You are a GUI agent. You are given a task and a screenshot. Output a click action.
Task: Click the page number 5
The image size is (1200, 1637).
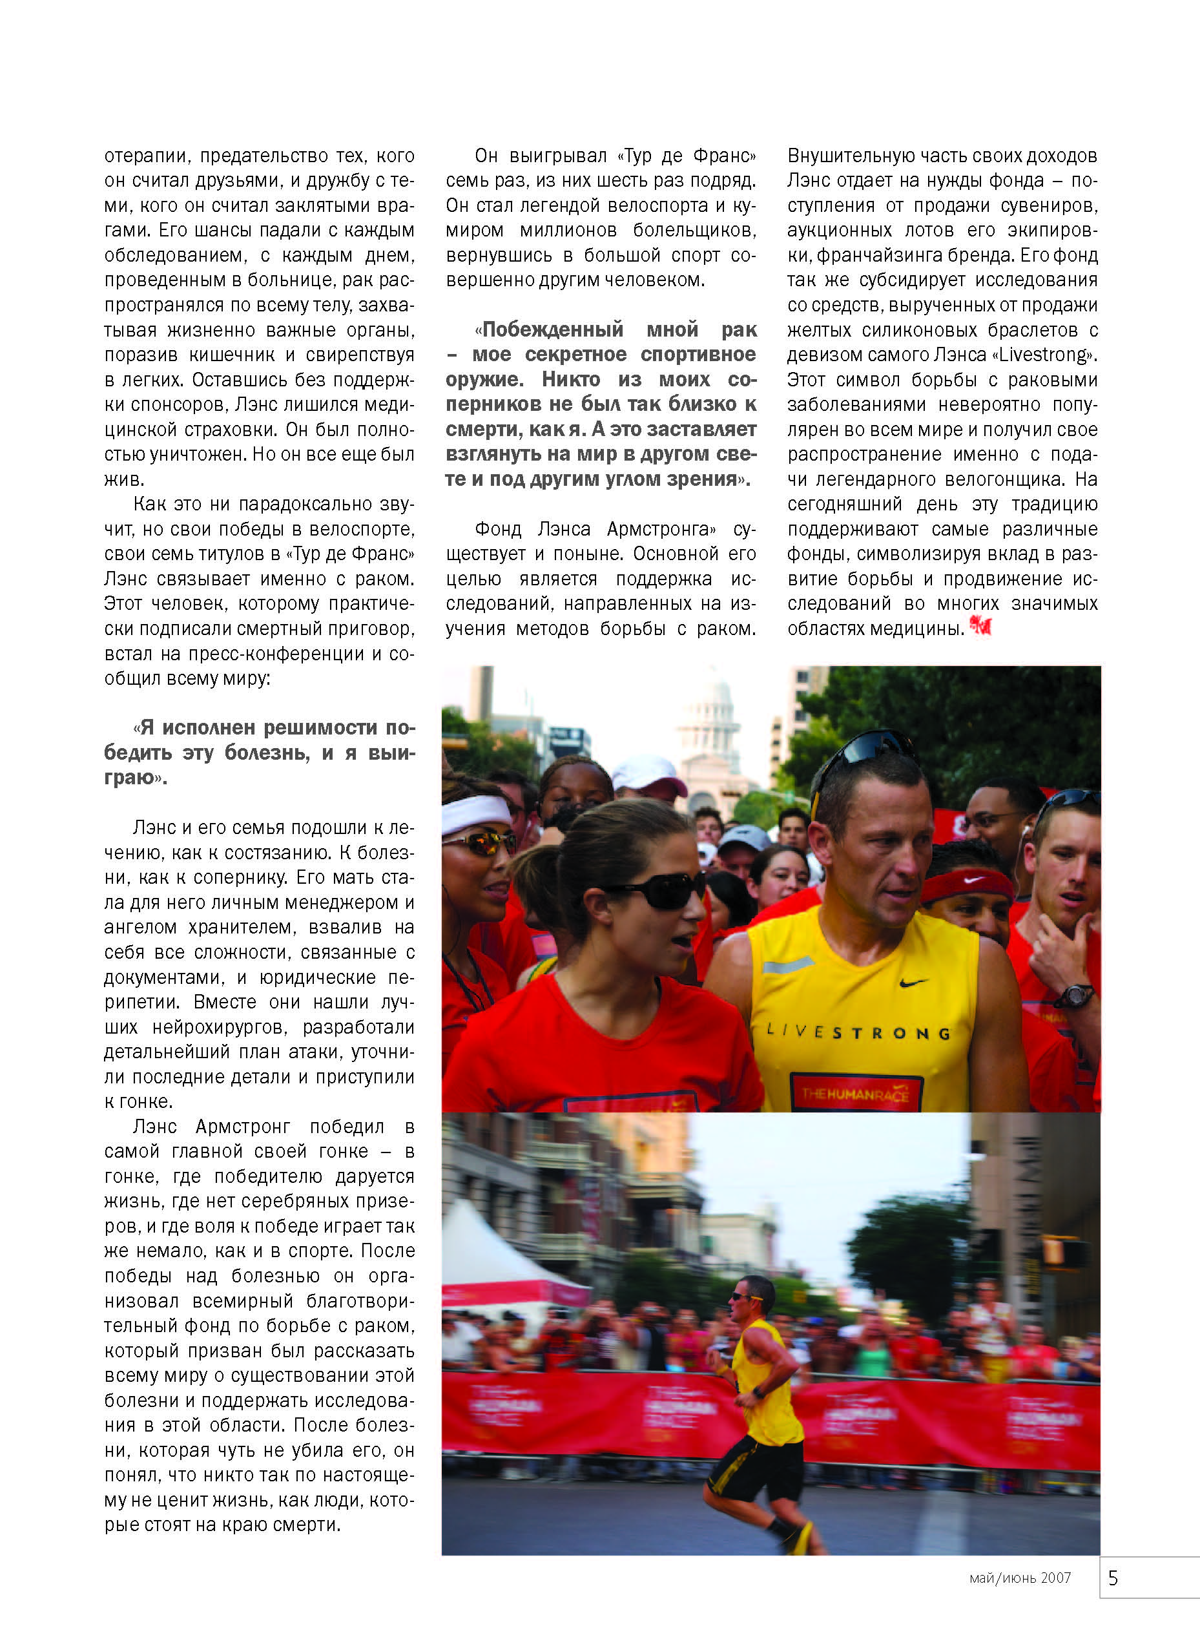click(1113, 1578)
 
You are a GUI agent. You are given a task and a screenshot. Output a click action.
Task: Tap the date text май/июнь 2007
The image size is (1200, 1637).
click(1020, 1578)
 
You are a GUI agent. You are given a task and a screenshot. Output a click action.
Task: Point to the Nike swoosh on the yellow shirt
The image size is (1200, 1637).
click(913, 983)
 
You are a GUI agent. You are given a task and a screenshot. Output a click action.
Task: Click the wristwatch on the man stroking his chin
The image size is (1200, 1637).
click(1077, 995)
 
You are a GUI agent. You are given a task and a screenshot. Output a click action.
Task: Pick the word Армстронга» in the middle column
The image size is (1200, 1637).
click(661, 529)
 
